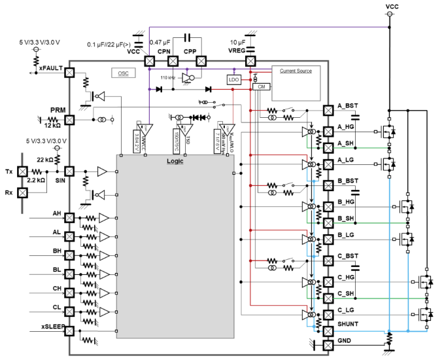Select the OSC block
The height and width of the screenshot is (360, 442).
(x=123, y=73)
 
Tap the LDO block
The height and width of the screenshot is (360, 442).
(x=233, y=79)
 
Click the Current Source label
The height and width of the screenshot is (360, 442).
(x=296, y=71)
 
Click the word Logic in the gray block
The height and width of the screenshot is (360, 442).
(x=175, y=162)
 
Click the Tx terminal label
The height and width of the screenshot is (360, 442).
(x=8, y=171)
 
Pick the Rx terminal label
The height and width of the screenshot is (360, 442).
(x=8, y=192)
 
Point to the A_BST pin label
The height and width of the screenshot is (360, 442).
(x=348, y=105)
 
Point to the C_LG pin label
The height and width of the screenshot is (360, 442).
(x=347, y=309)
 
